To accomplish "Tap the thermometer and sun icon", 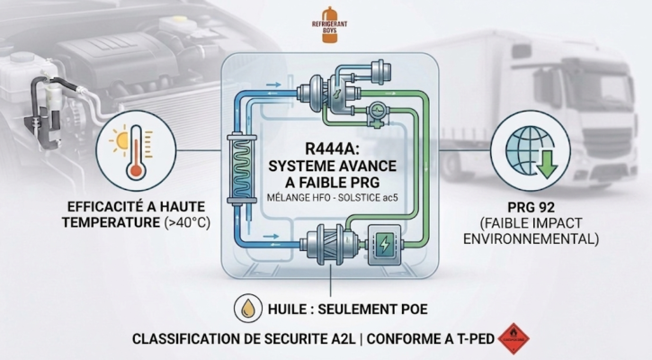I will [131, 148].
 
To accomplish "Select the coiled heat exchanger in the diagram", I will [242, 163].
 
